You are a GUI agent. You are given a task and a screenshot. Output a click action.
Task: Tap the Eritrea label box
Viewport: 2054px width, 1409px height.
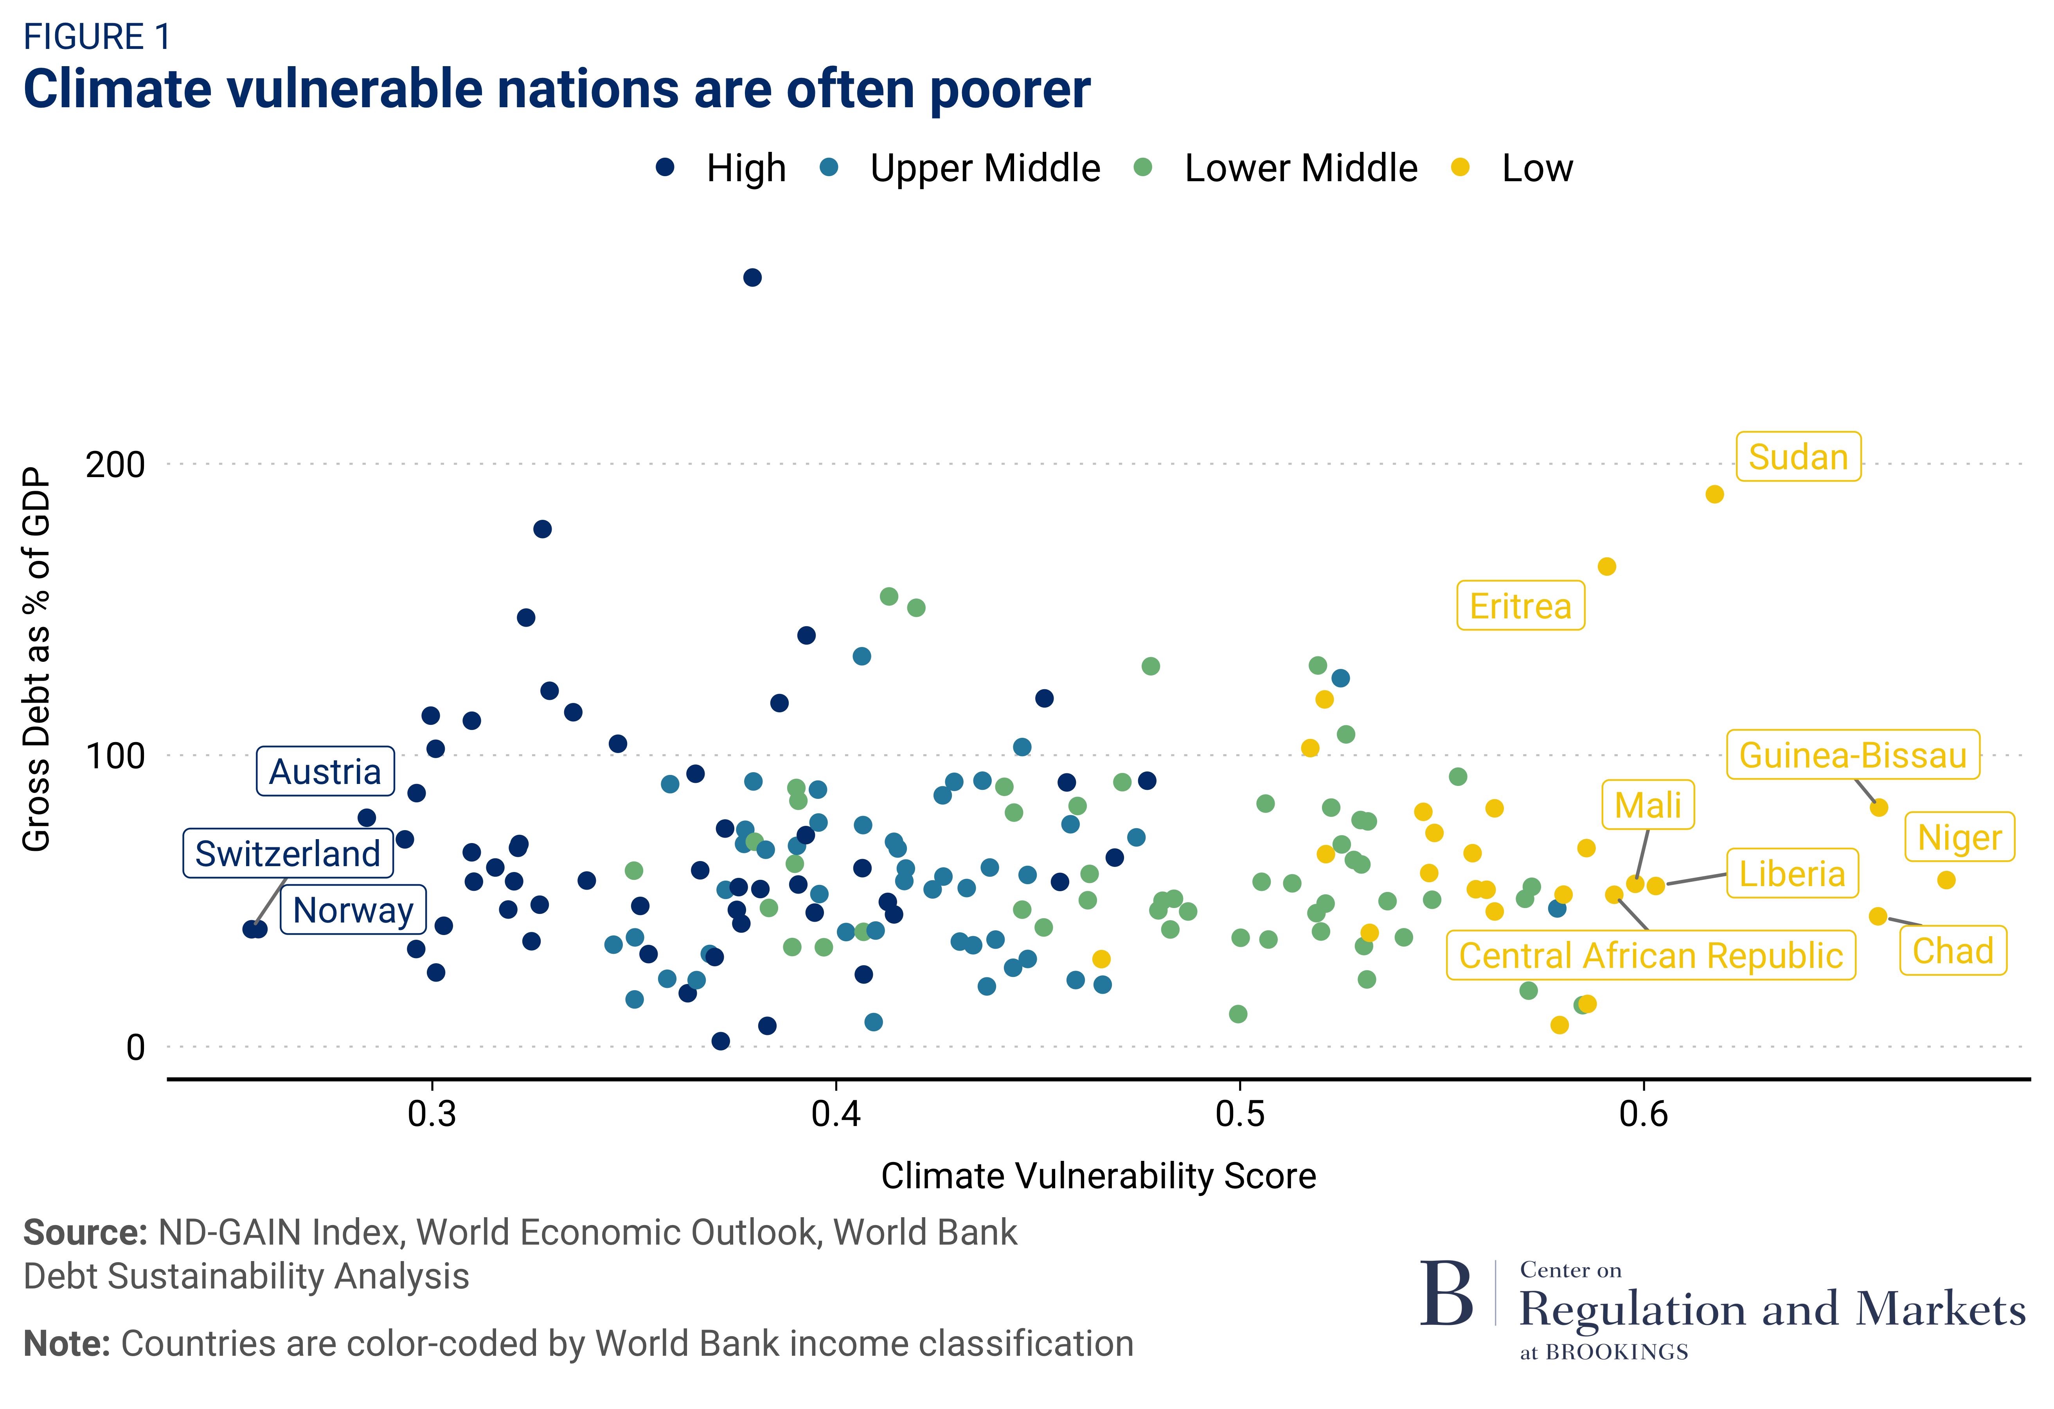pyautogui.click(x=1520, y=606)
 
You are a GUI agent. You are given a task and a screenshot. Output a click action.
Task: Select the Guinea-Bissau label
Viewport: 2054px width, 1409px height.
pyautogui.click(x=1853, y=755)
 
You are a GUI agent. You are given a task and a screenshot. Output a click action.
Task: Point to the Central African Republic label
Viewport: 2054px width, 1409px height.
pyautogui.click(x=1650, y=955)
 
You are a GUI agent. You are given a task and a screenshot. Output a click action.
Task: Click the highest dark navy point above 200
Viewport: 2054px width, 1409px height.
pyautogui.click(x=752, y=277)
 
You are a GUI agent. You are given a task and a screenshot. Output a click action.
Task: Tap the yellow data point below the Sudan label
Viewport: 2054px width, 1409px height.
pyautogui.click(x=1715, y=494)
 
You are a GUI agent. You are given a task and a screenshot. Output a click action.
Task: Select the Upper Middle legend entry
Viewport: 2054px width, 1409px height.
pyautogui.click(x=985, y=168)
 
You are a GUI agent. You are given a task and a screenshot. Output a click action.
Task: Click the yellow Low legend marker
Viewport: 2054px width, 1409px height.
pyautogui.click(x=1460, y=167)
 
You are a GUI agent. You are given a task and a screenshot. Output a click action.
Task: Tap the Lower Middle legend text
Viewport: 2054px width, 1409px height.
pyautogui.click(x=1300, y=168)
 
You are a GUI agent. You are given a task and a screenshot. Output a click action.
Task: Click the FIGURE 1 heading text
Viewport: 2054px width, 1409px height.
pyautogui.click(x=97, y=37)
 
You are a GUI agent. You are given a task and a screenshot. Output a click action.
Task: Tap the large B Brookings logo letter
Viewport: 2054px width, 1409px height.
pyautogui.click(x=1447, y=1295)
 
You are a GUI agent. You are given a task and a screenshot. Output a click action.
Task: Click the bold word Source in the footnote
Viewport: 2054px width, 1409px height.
pyautogui.click(x=85, y=1232)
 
